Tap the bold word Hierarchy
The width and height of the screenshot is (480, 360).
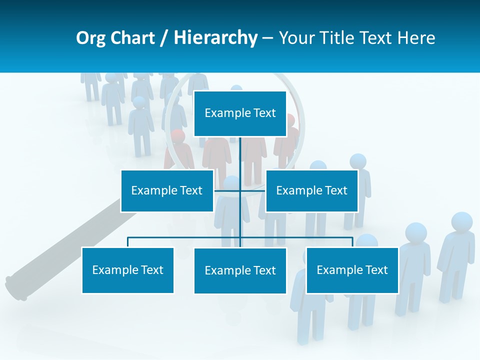click(x=215, y=38)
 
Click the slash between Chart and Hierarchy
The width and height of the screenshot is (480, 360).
click(x=164, y=38)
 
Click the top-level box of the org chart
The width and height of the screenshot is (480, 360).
click(x=240, y=113)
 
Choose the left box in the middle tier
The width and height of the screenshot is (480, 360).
click(x=167, y=190)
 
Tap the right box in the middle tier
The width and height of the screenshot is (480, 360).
click(x=311, y=190)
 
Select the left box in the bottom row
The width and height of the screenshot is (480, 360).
click(x=127, y=270)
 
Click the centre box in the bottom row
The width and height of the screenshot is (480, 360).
click(x=240, y=270)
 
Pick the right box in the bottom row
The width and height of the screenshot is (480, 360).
click(x=352, y=270)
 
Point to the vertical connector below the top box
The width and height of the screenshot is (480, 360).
click(x=240, y=155)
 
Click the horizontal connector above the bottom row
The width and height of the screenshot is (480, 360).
click(x=185, y=237)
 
